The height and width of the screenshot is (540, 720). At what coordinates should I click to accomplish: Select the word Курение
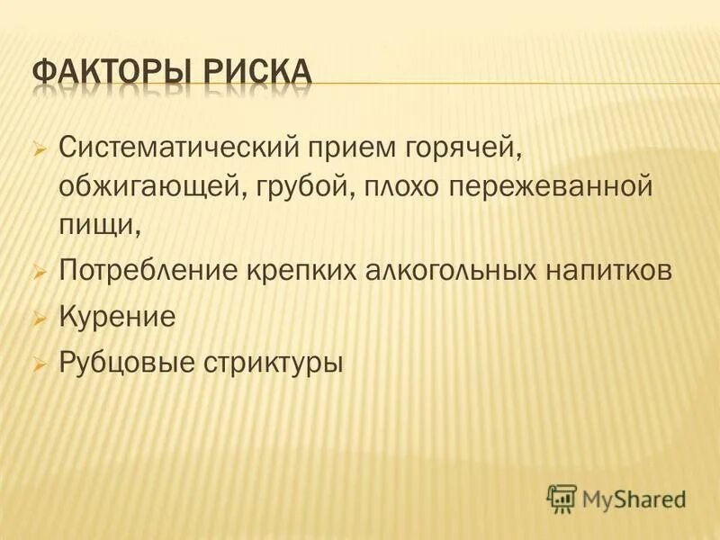tap(116, 317)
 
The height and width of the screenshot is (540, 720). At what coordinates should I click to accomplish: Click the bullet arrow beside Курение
tap(38, 317)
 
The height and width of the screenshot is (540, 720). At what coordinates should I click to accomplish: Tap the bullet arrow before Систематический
tap(38, 147)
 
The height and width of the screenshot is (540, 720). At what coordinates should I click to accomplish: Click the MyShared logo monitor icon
tap(562, 498)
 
